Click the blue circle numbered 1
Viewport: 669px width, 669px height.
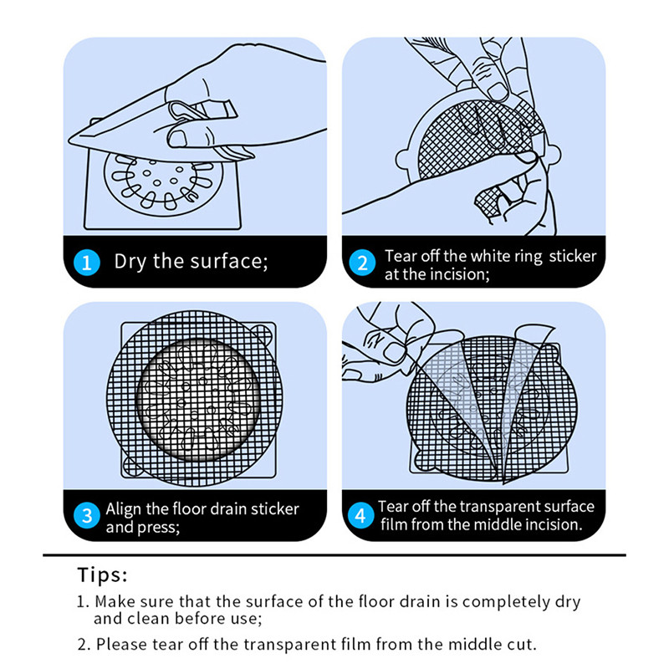87,262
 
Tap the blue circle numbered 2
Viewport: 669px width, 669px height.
362,263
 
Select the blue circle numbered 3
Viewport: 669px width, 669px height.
87,515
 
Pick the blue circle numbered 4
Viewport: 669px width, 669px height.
360,515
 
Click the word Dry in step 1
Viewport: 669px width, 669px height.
130,262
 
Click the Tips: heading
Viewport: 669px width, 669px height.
102,575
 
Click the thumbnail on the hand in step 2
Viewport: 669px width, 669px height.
498,91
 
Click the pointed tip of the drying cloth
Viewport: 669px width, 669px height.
70,140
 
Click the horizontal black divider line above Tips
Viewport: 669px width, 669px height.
334,555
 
